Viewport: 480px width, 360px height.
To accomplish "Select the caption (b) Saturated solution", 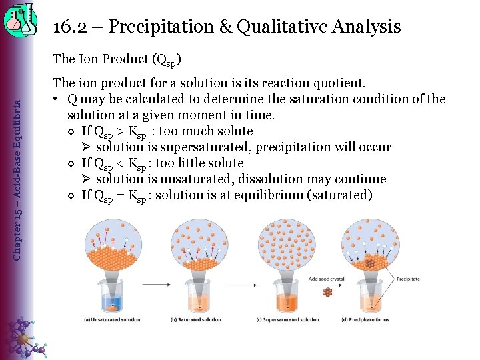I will click(x=196, y=319).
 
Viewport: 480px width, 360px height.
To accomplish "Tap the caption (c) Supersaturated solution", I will click(x=287, y=319).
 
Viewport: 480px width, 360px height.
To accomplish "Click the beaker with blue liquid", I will click(x=111, y=297).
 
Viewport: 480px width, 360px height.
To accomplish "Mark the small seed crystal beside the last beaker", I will click(x=327, y=292).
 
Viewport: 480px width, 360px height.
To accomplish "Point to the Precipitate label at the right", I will click(x=409, y=279).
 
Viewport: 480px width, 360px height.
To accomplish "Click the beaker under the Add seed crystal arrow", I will click(x=288, y=297).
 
